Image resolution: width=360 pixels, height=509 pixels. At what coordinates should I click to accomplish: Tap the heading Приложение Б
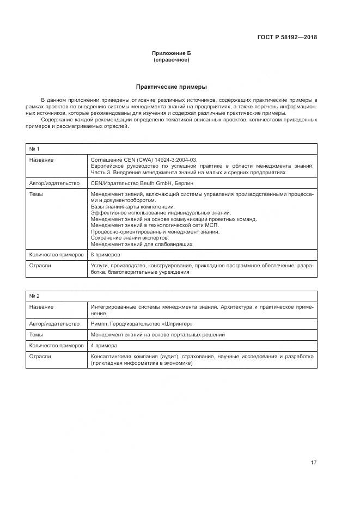click(171, 53)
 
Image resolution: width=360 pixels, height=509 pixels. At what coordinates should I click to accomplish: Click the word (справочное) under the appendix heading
click(171, 60)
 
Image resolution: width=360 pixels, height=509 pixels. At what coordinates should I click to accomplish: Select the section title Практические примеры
click(171, 87)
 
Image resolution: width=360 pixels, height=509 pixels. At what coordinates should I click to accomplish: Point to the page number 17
click(313, 463)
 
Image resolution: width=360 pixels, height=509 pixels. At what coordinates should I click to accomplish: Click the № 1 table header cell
click(34, 149)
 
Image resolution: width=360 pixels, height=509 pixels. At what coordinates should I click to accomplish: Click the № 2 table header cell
click(34, 296)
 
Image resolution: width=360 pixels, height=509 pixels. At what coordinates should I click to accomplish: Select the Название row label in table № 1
click(41, 160)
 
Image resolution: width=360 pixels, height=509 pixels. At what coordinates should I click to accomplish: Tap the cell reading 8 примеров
click(105, 254)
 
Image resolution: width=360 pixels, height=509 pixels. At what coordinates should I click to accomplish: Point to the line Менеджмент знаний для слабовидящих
click(142, 244)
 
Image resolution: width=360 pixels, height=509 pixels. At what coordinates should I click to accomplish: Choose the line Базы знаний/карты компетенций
click(132, 207)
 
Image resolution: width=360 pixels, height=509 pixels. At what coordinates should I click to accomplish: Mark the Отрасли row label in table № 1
click(40, 265)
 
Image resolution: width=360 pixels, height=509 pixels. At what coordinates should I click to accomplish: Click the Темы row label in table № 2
click(36, 334)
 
